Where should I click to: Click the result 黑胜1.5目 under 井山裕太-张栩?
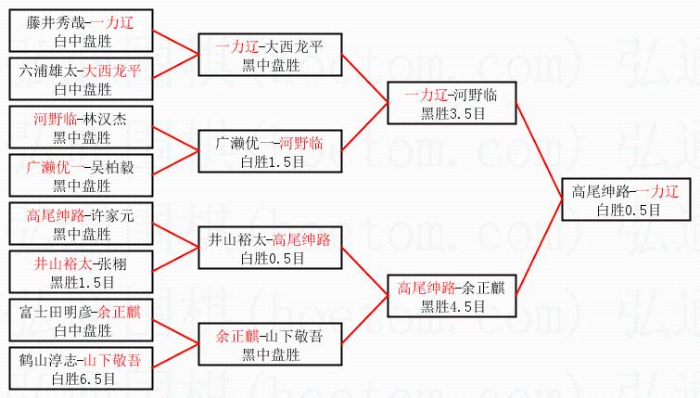(x=83, y=280)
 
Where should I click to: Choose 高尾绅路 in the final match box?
(x=602, y=192)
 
